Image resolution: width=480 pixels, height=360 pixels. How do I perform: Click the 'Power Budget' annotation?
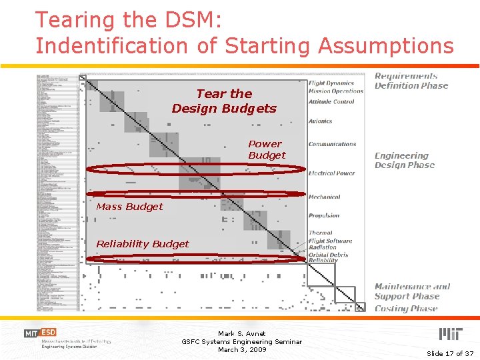(x=267, y=149)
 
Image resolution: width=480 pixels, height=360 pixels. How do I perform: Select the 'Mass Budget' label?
(x=129, y=207)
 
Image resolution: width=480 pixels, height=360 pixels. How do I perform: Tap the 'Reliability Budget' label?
(x=143, y=244)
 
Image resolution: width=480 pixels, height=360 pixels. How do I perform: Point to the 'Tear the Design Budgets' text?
(x=224, y=101)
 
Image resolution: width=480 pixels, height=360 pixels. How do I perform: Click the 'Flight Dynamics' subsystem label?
(x=331, y=83)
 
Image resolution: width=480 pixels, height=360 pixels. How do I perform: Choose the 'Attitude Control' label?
(x=331, y=102)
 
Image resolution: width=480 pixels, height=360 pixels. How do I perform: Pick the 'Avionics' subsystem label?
(x=320, y=121)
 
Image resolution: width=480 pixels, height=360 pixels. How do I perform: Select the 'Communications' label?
(x=332, y=144)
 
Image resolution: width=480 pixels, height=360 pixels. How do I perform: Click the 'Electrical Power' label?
(x=331, y=173)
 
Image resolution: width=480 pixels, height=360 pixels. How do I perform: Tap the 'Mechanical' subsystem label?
(x=324, y=197)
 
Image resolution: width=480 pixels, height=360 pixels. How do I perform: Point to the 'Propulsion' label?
(x=324, y=215)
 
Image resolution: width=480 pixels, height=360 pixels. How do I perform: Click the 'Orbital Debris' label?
(x=328, y=254)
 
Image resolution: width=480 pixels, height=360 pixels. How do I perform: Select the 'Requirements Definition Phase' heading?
(x=411, y=81)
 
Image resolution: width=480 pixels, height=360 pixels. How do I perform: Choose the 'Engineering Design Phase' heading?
(x=404, y=160)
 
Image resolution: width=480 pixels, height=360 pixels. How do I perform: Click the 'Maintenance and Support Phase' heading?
(x=411, y=291)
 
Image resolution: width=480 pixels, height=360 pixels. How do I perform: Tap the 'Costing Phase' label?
(x=405, y=308)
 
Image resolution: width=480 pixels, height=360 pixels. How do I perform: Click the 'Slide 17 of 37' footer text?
(x=450, y=353)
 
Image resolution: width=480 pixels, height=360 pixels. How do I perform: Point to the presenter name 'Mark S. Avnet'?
(x=241, y=333)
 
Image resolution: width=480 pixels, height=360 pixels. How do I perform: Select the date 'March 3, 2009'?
(x=241, y=349)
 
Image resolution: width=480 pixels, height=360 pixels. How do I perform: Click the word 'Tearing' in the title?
(x=73, y=20)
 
